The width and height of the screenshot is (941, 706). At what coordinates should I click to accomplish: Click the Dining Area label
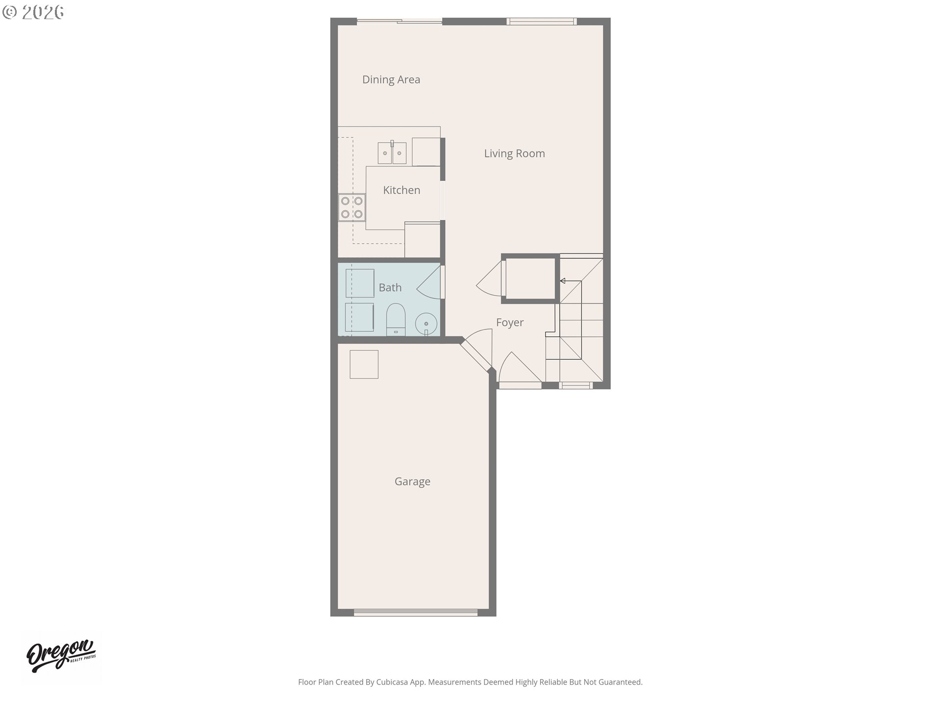pos(391,79)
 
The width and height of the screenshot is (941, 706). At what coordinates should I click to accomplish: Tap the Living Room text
pos(514,153)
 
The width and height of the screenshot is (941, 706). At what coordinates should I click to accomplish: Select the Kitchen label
pos(401,190)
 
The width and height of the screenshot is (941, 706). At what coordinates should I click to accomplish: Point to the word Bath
pos(390,288)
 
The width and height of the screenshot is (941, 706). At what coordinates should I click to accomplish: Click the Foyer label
pos(510,323)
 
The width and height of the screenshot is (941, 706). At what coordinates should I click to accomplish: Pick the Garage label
pos(412,481)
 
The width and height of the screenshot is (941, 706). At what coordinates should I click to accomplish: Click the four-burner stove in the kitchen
pos(352,207)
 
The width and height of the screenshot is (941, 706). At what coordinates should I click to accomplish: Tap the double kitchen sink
pos(392,152)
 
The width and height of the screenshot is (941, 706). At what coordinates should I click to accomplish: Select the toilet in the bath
pos(396,319)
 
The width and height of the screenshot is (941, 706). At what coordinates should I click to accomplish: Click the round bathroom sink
pos(426,324)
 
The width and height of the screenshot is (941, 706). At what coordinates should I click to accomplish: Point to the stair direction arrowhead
pos(563,281)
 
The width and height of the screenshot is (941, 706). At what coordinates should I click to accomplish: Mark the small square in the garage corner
pos(364,364)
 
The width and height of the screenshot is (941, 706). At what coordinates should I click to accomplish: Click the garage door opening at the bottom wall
pos(416,612)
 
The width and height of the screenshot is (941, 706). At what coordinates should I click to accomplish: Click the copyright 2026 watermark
pos(33,12)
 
